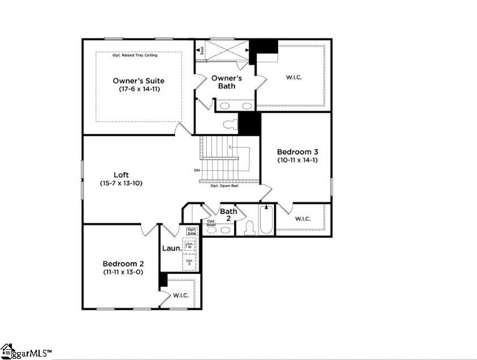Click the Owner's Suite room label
[x=138, y=80]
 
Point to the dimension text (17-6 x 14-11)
[x=138, y=89]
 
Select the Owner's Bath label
[x=227, y=82]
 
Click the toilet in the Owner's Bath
[x=229, y=124]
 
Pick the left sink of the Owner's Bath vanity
[x=225, y=106]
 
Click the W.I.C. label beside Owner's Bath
[x=293, y=77]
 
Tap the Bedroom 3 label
[x=297, y=152]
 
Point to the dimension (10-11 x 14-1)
[x=297, y=160]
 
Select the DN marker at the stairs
[x=196, y=170]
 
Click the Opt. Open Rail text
[x=224, y=186]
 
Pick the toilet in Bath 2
[x=249, y=228]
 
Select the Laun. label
[x=172, y=248]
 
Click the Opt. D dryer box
[x=189, y=263]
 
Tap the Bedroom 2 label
[x=123, y=264]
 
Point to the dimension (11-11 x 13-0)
[x=123, y=272]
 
